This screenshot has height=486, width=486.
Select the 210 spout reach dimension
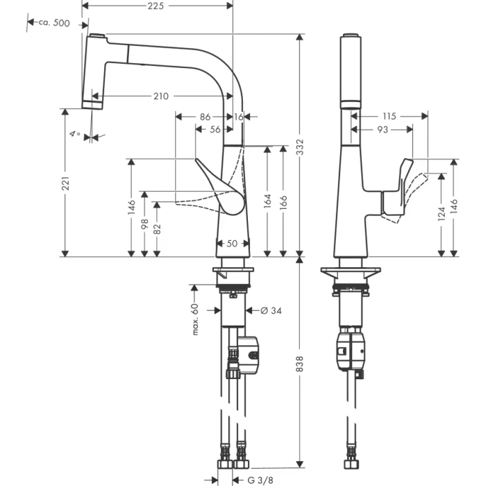click(x=161, y=97)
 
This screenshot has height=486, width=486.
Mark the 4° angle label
click(x=74, y=133)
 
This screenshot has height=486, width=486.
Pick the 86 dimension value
click(x=205, y=117)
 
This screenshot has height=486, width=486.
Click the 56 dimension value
click(x=215, y=130)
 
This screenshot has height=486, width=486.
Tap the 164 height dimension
click(x=268, y=201)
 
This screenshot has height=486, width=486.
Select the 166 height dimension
click(x=283, y=201)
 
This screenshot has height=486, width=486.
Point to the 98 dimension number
click(x=144, y=224)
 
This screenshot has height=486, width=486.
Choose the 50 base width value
click(x=232, y=244)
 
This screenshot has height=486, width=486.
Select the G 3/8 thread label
click(x=262, y=479)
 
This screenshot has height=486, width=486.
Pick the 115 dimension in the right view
click(x=389, y=117)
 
